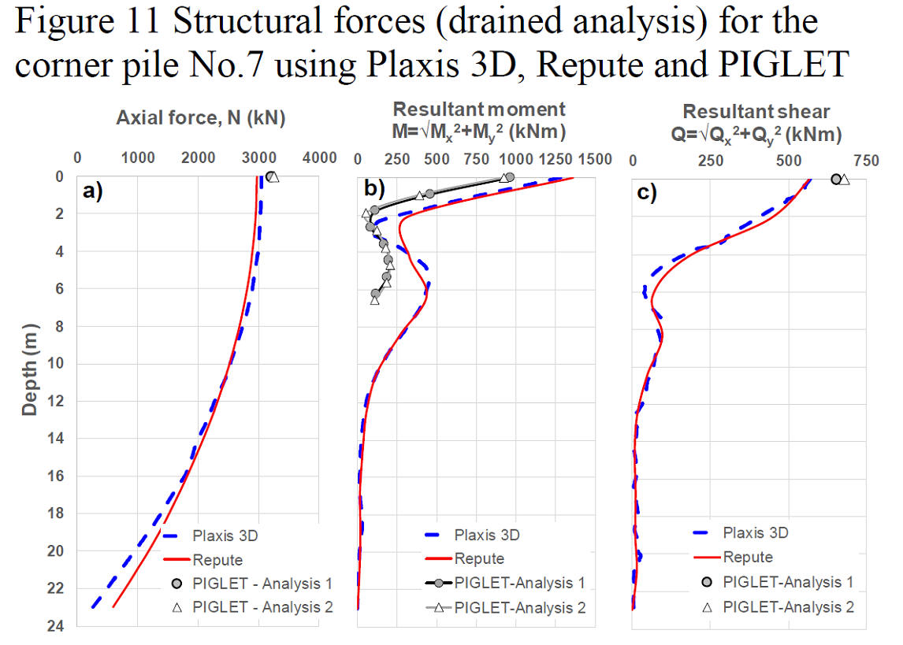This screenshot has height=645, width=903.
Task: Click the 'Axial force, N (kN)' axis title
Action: pyautogui.click(x=201, y=118)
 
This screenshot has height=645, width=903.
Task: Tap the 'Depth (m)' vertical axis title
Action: pyautogui.click(x=29, y=369)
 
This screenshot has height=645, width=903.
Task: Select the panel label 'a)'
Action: pyautogui.click(x=93, y=191)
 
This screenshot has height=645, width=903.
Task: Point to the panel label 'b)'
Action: pyautogui.click(x=374, y=187)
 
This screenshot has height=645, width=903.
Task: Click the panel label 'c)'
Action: pyautogui.click(x=647, y=193)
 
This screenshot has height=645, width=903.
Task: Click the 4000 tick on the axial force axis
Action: pyautogui.click(x=320, y=158)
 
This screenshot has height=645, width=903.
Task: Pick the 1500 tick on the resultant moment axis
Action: pyautogui.click(x=595, y=159)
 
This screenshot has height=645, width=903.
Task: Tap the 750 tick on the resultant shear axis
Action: pyautogui.click(x=866, y=161)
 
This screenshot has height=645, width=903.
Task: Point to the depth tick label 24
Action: pyautogui.click(x=56, y=626)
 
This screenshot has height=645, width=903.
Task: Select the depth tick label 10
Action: pyautogui.click(x=56, y=364)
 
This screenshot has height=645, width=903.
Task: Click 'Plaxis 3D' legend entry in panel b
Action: pyautogui.click(x=472, y=535)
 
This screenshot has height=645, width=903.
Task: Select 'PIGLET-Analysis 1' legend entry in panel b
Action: pyautogui.click(x=505, y=583)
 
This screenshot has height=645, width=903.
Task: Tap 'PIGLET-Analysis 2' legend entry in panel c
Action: pyautogui.click(x=778, y=607)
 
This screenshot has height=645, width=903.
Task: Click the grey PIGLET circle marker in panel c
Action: pyautogui.click(x=835, y=180)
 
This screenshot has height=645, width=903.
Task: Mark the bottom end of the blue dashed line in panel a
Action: pyautogui.click(x=93, y=606)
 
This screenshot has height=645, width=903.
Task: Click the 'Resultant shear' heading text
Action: pyautogui.click(x=756, y=111)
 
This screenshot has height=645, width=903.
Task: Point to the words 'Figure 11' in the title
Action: pyautogui.click(x=87, y=21)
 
